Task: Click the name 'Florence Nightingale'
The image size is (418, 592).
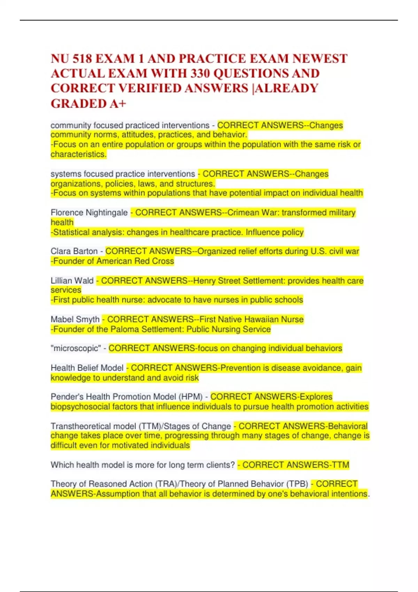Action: [x=89, y=212]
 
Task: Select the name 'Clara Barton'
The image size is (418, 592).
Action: [x=74, y=251]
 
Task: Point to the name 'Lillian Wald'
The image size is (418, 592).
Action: [x=72, y=281]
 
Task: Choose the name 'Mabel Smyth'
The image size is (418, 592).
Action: [x=75, y=319]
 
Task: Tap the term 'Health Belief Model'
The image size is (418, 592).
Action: [x=87, y=368]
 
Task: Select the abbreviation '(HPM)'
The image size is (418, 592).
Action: [x=191, y=397]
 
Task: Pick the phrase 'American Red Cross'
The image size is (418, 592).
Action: [x=135, y=261]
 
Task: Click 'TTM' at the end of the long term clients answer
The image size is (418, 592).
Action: [x=341, y=465]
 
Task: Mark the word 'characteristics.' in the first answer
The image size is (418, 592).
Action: [x=79, y=154]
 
